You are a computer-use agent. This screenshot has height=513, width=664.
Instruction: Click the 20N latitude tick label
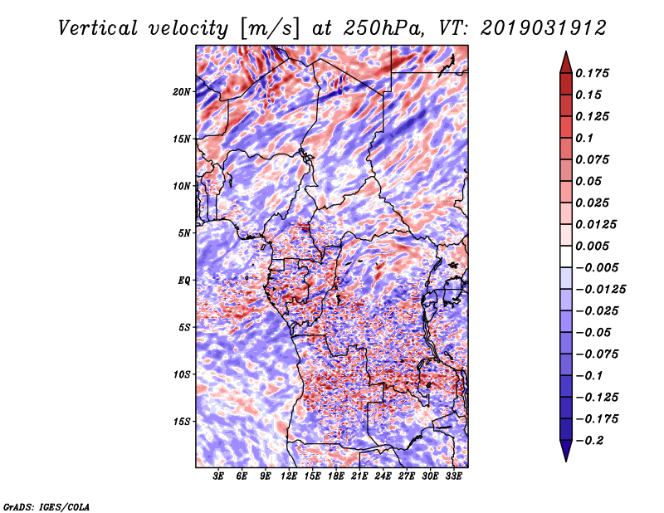[182, 92]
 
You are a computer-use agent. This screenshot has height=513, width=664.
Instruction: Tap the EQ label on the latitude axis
[183, 281]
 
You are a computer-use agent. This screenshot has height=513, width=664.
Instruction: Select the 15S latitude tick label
[182, 422]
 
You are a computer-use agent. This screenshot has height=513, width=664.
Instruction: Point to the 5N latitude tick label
[184, 233]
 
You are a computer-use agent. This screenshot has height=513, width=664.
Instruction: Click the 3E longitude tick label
[218, 476]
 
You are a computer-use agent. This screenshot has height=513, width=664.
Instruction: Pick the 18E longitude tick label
[336, 476]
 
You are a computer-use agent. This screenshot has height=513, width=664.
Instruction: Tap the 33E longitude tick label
[453, 476]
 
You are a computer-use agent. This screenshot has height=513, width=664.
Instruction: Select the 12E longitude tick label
[289, 476]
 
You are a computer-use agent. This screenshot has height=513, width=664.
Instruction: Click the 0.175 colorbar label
[592, 73]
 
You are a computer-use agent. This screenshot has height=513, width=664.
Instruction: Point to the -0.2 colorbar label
[589, 441]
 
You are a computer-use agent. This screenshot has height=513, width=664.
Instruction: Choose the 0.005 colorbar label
[592, 246]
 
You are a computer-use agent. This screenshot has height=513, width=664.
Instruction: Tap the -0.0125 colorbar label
[600, 290]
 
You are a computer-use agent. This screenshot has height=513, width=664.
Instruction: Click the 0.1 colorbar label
[584, 138]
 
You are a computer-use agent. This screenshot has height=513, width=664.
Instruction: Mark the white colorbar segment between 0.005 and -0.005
[566, 256]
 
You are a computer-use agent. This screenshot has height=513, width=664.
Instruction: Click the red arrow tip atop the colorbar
[566, 51]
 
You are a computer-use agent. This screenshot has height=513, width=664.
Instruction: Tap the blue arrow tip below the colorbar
[566, 461]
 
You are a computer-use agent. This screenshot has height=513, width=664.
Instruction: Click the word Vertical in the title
[98, 28]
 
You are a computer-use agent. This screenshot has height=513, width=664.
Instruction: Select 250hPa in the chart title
[383, 28]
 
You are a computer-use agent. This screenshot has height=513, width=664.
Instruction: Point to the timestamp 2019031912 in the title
[544, 28]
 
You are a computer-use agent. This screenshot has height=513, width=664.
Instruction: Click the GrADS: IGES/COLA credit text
[46, 507]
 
